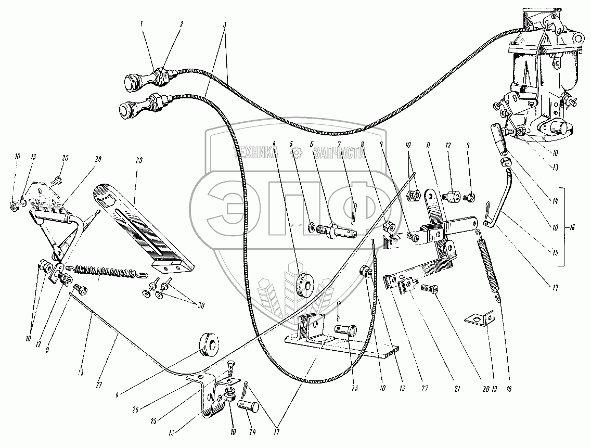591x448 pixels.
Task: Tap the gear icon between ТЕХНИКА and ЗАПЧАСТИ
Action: coord(297,152)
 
